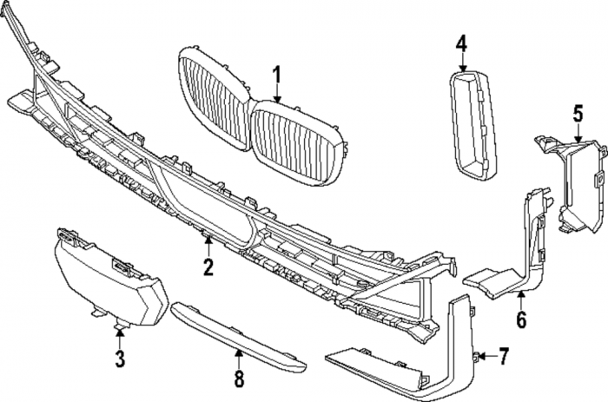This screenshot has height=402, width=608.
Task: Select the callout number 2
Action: (208, 267)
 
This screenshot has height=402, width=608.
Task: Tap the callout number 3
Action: (120, 358)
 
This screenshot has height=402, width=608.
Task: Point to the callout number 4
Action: (461, 43)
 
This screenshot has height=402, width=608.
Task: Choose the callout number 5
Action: (578, 113)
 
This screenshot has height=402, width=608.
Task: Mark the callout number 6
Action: (521, 320)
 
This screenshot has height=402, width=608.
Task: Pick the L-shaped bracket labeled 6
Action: (521, 252)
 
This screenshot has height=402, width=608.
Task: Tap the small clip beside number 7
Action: (479, 355)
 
